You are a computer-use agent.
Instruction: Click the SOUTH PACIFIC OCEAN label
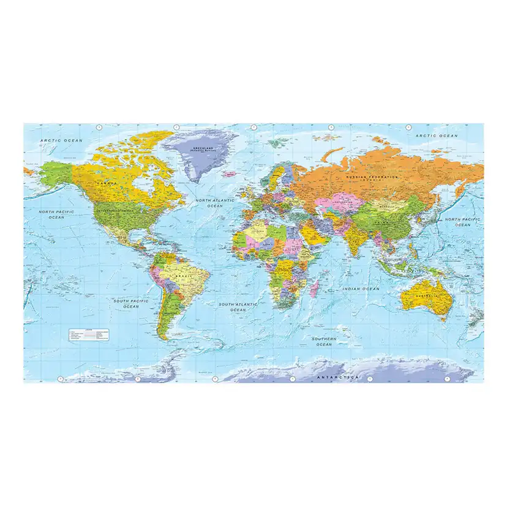pos(130,304)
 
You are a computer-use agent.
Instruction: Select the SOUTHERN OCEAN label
pos(324,341)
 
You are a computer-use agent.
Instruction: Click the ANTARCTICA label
pos(337,377)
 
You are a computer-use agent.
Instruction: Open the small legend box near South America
pos(88,334)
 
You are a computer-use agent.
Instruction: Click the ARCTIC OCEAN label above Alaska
pos(61,141)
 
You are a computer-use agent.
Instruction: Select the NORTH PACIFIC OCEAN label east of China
pos(462,222)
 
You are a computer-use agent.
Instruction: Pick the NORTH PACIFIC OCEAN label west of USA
pos(56,214)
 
